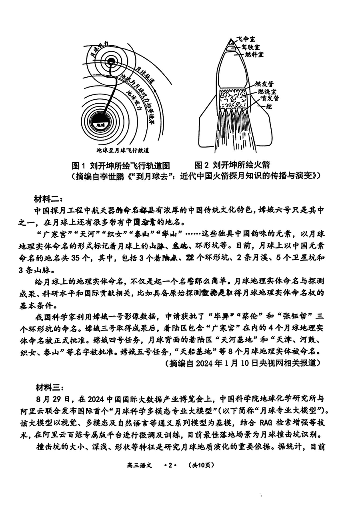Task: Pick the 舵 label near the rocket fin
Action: click(266, 107)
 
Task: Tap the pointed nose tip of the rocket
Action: click(231, 40)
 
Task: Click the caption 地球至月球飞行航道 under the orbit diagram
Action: click(123, 150)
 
